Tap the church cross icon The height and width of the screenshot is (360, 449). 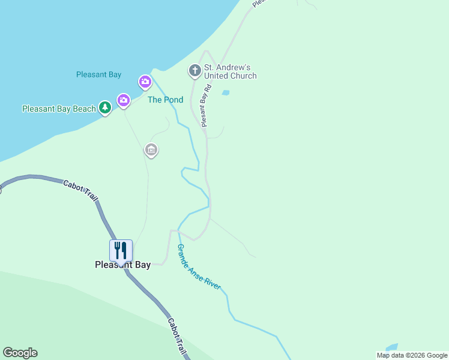point(194,71)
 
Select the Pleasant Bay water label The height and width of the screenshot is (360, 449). point(98,75)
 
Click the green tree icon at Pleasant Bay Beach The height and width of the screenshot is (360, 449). point(106,108)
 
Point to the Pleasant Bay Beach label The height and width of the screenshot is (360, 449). point(59,109)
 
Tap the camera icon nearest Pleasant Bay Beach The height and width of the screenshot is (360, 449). point(124,100)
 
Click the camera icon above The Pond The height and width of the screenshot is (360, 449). point(145,81)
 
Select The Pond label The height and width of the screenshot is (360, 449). point(165,100)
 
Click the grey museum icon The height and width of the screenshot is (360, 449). point(151,149)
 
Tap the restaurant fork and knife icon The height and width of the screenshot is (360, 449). point(121,250)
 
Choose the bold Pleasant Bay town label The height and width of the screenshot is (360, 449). point(122,265)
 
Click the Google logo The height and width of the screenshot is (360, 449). point(20,353)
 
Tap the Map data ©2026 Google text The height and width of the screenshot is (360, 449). point(412,355)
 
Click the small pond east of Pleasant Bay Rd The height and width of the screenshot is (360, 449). point(226,93)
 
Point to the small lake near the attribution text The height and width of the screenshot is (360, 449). point(391,347)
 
